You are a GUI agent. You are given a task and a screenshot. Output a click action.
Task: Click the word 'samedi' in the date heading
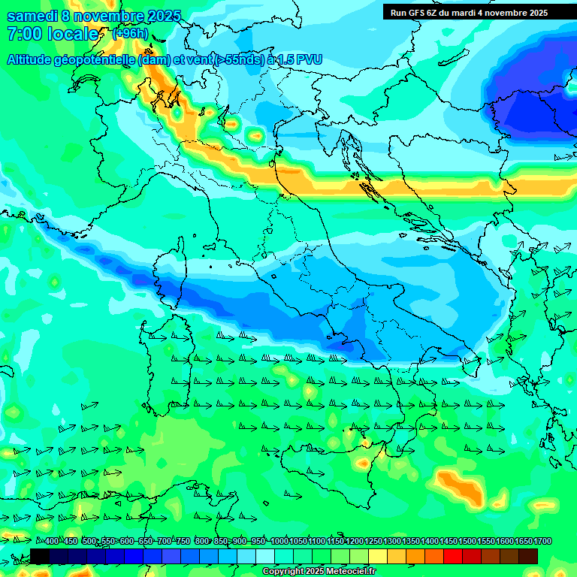(x=32, y=16)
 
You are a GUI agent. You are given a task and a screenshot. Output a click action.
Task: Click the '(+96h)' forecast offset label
(x=130, y=34)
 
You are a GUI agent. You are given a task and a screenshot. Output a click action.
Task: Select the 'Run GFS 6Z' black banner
(x=479, y=12)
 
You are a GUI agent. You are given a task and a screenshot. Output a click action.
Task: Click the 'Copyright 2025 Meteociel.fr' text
(x=319, y=572)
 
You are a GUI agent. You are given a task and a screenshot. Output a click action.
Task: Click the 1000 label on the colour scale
(x=279, y=542)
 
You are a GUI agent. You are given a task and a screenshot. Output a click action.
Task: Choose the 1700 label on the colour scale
(x=542, y=542)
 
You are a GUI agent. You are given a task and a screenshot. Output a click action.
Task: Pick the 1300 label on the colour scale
(x=392, y=542)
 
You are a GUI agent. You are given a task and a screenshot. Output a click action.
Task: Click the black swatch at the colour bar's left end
(x=40, y=556)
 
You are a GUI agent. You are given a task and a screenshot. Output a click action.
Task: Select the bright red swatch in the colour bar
(x=453, y=556)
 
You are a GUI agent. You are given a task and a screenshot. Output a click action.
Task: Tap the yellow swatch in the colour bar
(x=378, y=556)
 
